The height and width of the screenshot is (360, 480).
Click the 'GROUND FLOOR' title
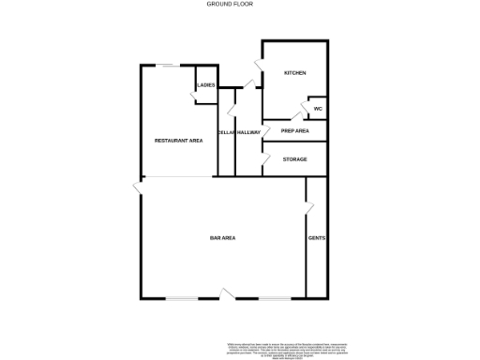tap(230, 4)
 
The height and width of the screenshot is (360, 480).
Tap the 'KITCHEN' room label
tap(295, 73)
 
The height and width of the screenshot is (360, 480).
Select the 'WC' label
tap(317, 108)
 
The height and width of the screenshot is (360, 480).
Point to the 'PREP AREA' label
tap(295, 131)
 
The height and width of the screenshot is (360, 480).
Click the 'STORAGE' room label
tap(295, 159)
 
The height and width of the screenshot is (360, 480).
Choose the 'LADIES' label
tap(206, 85)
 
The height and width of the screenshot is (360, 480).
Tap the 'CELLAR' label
tap(225, 132)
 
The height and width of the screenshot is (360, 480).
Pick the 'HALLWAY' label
tap(248, 132)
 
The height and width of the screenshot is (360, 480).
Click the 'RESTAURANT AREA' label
tap(178, 141)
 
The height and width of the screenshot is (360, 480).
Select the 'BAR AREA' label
tap(222, 239)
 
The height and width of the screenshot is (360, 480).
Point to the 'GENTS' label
tap(317, 239)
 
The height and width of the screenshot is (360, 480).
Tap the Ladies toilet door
tap(200, 97)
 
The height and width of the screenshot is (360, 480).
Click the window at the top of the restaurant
tap(169, 66)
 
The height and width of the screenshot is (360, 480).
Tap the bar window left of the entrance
tap(183, 298)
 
